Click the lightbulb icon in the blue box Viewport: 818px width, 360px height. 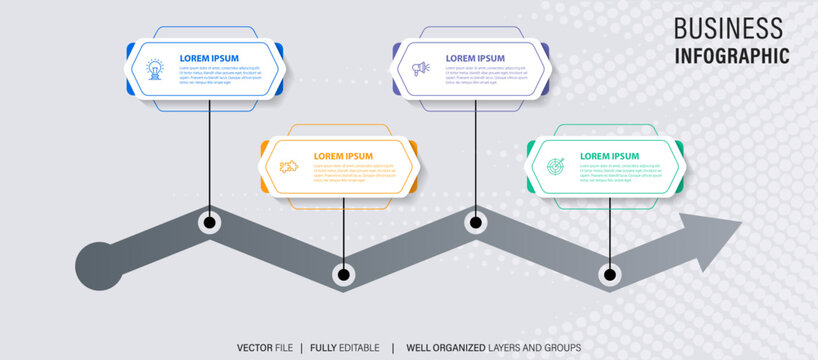point(155,68)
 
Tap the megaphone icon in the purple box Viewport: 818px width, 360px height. point(421,68)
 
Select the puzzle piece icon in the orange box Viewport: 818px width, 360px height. point(289,166)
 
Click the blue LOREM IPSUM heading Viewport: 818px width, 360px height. point(209,58)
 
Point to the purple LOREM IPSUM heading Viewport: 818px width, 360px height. point(475,58)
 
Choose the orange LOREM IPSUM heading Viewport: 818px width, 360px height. point(343,156)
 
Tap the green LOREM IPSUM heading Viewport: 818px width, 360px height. point(610,156)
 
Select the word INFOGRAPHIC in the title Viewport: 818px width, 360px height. point(731,55)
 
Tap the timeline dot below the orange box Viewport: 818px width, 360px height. point(344,273)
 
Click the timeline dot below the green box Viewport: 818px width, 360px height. point(610,273)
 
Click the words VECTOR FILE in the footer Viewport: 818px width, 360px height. point(265,347)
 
